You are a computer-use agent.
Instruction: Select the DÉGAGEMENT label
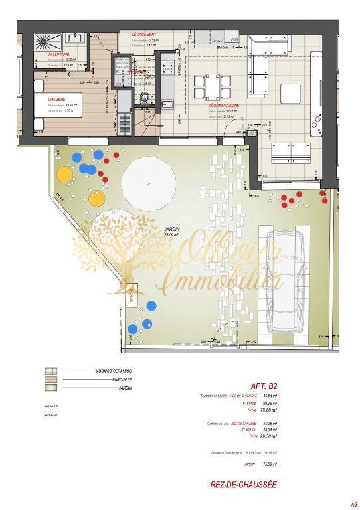coord(143,35)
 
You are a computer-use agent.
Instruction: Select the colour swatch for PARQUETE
coord(49,379)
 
